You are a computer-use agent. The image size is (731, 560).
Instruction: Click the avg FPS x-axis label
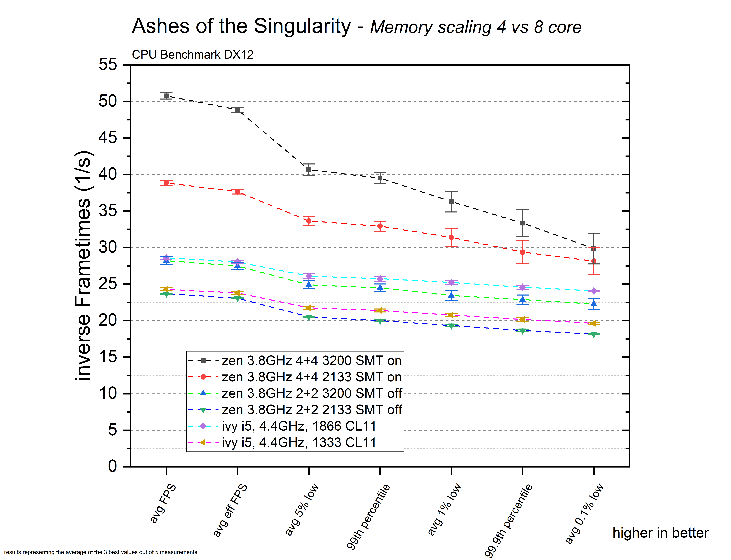(163, 503)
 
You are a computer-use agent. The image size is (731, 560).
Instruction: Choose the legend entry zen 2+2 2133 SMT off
(311, 410)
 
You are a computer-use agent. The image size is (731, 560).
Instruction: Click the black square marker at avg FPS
(166, 96)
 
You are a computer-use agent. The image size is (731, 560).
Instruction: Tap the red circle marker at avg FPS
(166, 183)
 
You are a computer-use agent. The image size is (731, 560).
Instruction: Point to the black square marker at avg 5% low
(309, 170)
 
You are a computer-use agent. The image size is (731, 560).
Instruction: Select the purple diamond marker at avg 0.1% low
(594, 291)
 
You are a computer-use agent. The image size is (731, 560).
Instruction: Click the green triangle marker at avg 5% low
(309, 317)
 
